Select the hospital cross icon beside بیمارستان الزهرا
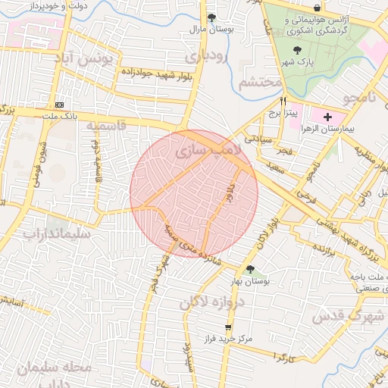tap(327, 117)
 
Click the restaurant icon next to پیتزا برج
tap(283, 100)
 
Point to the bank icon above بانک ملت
tap(60, 105)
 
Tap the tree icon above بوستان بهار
tap(250, 269)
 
